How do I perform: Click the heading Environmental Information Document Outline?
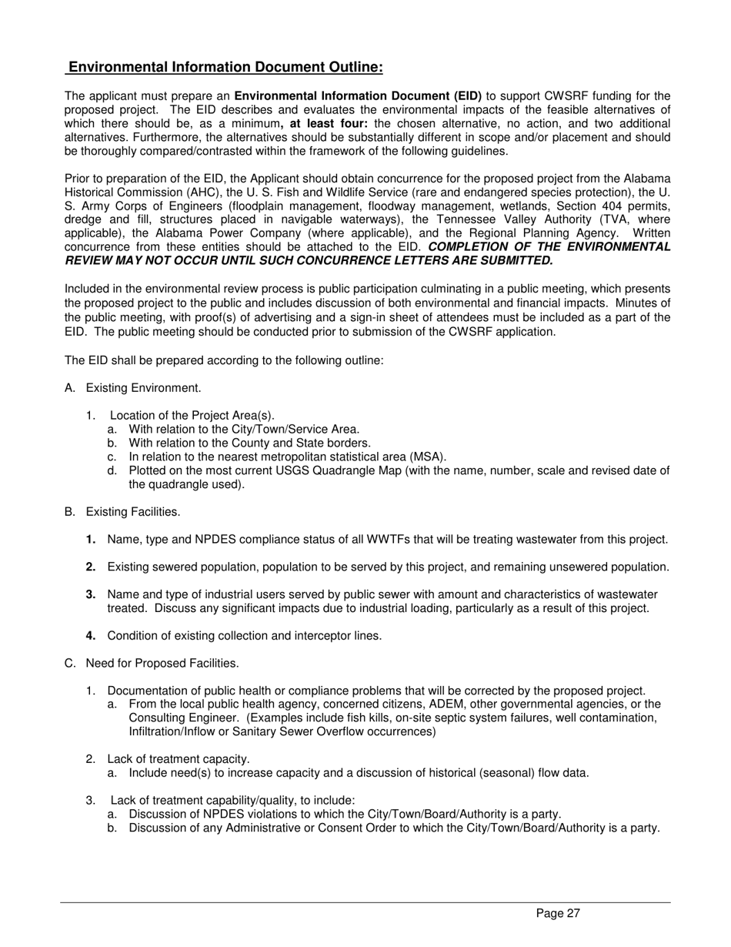[x=225, y=68]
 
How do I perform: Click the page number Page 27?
[x=558, y=914]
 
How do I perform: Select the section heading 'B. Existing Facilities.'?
[x=123, y=512]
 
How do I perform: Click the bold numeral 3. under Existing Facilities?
[x=91, y=594]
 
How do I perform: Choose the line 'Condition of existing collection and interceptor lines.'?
[x=245, y=636]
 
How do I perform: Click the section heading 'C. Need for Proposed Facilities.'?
[x=152, y=663]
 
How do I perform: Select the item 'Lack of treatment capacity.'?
[x=179, y=759]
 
